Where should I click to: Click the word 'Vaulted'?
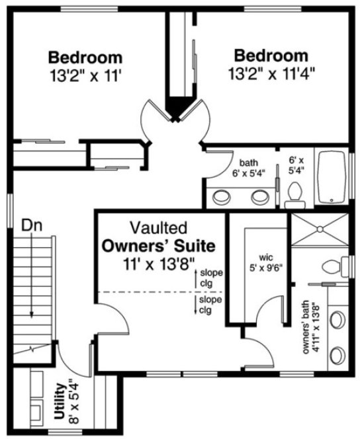click(x=157, y=229)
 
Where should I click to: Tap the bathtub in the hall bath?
click(x=334, y=178)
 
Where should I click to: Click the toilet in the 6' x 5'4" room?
click(x=296, y=192)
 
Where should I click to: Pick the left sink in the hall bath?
click(x=222, y=196)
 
